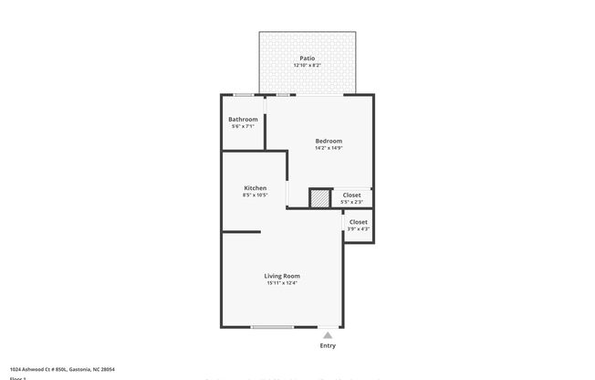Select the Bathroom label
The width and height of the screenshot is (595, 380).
pos(243,119)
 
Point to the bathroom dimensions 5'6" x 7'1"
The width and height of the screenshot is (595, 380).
pos(243,127)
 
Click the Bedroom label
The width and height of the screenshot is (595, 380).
pos(329,140)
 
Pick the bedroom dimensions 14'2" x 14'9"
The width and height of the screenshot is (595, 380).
pos(329,148)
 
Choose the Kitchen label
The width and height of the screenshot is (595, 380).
pos(255,187)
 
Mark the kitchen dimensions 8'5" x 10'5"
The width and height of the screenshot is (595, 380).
pos(255,195)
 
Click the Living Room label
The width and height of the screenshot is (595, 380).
pos(282,275)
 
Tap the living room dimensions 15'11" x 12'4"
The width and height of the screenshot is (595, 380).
pos(282,283)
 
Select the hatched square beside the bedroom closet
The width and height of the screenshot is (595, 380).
pos(319,198)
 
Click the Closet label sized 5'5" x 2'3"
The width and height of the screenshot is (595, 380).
pos(351,195)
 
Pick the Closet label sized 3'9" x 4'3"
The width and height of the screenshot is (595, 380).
pos(359,221)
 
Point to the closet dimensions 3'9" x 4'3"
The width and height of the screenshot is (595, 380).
pos(359,228)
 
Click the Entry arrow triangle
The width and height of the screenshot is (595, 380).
pos(328,335)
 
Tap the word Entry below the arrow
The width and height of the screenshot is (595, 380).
pos(328,345)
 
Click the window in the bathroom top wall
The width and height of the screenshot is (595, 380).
pos(244,95)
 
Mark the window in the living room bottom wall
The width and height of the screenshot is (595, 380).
pos(272,327)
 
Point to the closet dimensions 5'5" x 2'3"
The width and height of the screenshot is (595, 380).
pos(351,202)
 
